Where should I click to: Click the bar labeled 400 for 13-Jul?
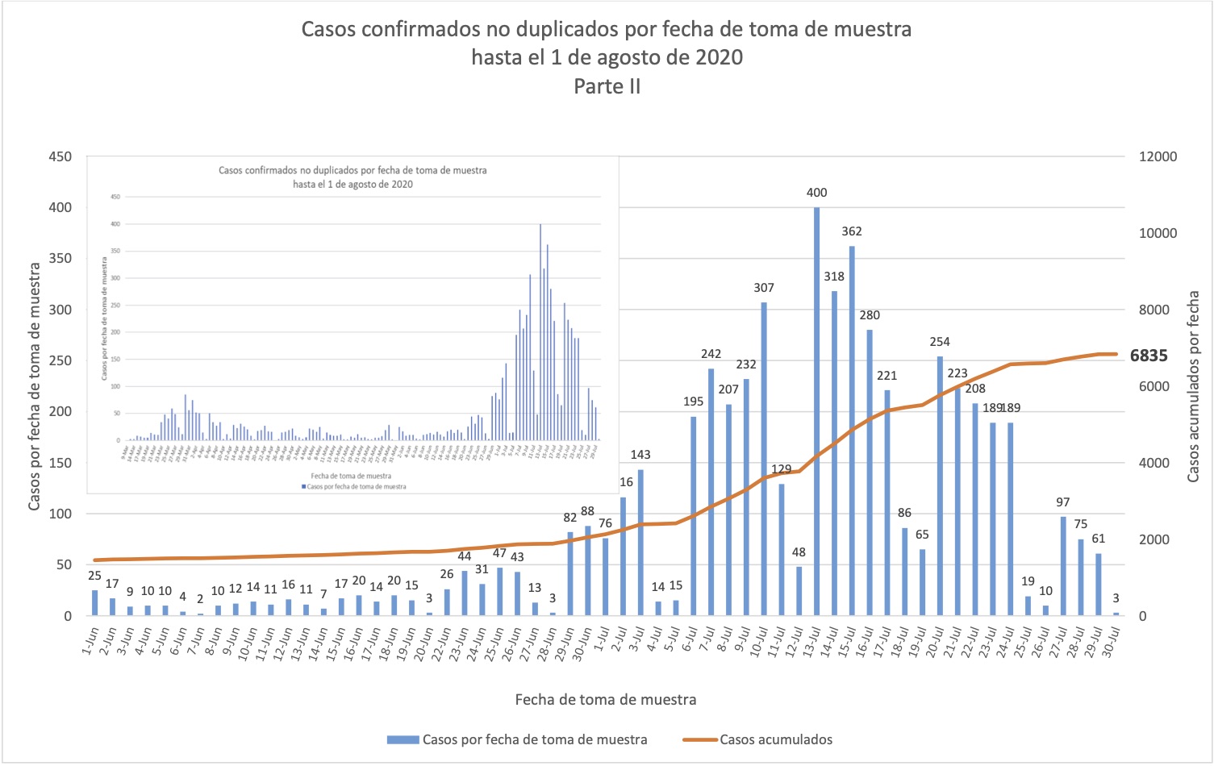pyautogui.click(x=816, y=411)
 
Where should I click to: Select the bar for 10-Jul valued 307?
pyautogui.click(x=764, y=459)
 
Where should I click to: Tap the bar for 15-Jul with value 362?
pyautogui.click(x=852, y=431)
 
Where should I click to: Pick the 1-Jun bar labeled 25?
pyautogui.click(x=95, y=603)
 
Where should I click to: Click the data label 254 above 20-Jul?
pyautogui.click(x=940, y=342)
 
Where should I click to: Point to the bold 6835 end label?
pyautogui.click(x=1149, y=356)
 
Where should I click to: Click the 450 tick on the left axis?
pyautogui.click(x=60, y=156)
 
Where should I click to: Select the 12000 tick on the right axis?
pyautogui.click(x=1158, y=156)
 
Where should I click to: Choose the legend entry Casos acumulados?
pyautogui.click(x=775, y=739)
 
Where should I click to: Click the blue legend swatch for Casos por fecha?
pyautogui.click(x=403, y=739)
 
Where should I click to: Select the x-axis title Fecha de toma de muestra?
pyautogui.click(x=606, y=699)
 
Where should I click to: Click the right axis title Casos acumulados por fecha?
pyautogui.click(x=1193, y=387)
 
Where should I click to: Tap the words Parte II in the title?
pyautogui.click(x=607, y=86)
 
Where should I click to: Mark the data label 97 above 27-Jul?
pyautogui.click(x=1063, y=502)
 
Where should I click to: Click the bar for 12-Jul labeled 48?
pyautogui.click(x=799, y=591)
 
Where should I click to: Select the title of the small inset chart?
pyautogui.click(x=353, y=177)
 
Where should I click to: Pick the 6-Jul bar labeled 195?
pyautogui.click(x=693, y=516)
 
